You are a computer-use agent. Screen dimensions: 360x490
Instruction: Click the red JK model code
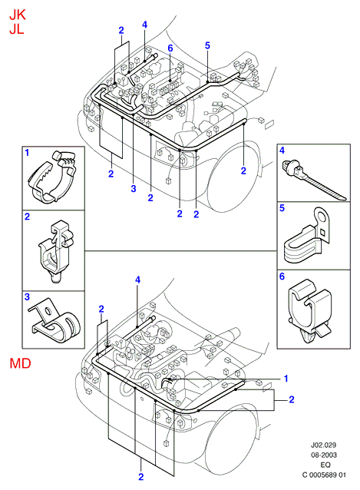[x=17, y=15]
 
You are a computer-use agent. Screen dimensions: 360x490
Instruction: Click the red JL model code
[x=17, y=29]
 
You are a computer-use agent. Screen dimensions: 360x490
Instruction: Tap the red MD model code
[x=20, y=363]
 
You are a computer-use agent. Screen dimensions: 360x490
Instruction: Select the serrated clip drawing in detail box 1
[x=52, y=177]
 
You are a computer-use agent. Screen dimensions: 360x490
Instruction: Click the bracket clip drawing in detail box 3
[x=54, y=320]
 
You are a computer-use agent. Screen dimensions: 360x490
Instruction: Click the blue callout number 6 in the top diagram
[x=170, y=48]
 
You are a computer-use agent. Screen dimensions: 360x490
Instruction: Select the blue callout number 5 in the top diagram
[x=207, y=45]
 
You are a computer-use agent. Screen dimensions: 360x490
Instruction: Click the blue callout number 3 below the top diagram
[x=134, y=188]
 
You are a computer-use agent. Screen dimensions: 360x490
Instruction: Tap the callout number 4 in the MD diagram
[x=137, y=280]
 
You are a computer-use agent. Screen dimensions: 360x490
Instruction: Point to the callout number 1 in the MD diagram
[x=286, y=379]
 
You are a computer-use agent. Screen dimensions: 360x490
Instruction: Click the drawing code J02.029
[x=323, y=445]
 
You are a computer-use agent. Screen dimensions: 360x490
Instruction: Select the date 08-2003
[x=324, y=455]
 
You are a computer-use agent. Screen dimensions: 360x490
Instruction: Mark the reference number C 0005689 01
[x=324, y=475]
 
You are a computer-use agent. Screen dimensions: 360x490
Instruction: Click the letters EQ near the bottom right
[x=325, y=465]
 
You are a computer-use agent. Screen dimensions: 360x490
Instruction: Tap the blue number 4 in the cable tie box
[x=282, y=151]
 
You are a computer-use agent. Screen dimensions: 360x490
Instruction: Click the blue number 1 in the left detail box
[x=27, y=153]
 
